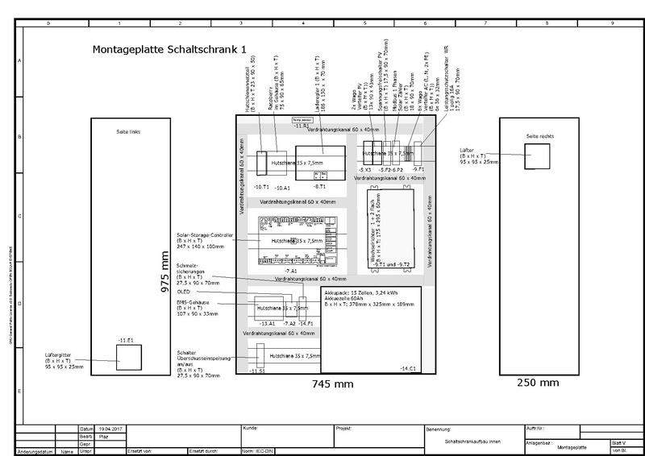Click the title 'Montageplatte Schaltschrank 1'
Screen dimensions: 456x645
pos(169,49)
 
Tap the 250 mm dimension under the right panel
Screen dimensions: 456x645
pos(538,383)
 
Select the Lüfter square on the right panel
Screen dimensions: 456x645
pos(536,156)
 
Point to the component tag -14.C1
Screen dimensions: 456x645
pos(408,368)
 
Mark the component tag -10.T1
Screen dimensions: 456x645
pos(260,186)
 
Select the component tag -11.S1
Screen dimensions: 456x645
pos(258,371)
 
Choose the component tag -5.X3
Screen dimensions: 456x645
pos(364,171)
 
